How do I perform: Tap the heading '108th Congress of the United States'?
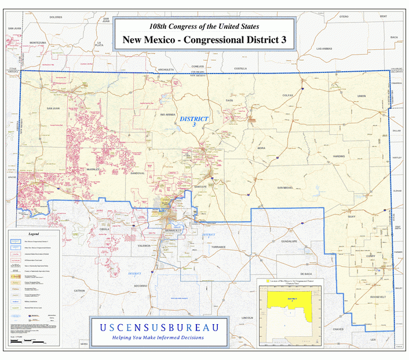tap(204, 26)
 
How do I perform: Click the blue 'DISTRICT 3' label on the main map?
tap(193, 122)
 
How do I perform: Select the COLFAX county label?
tap(289, 94)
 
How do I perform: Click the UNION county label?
tap(361, 95)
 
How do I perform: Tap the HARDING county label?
tap(338, 157)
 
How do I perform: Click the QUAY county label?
tap(351, 216)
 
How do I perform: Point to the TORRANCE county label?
tap(218, 247)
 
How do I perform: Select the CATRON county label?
tap(79, 291)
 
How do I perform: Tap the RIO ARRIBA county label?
tap(167, 115)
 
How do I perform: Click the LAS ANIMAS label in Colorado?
tap(324, 49)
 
